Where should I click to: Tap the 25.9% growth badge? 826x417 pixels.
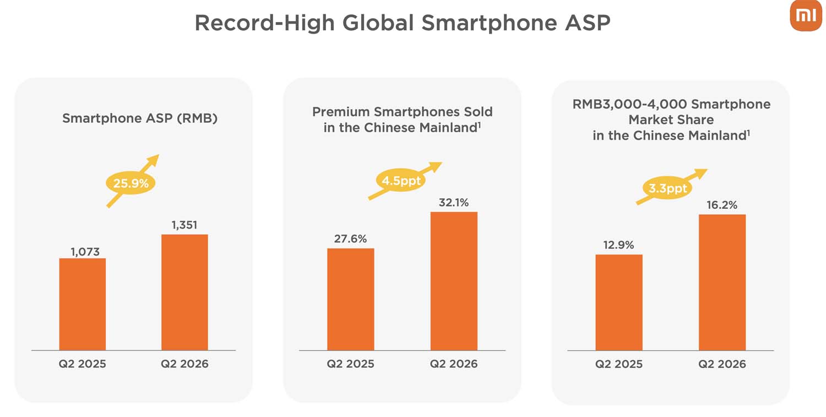click(x=130, y=183)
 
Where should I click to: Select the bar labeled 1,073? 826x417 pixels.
click(x=83, y=304)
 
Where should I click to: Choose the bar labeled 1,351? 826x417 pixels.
click(x=184, y=293)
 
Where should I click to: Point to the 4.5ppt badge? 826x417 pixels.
click(x=401, y=181)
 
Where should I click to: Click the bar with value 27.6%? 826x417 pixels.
click(x=351, y=299)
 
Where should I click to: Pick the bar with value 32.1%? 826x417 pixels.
click(x=454, y=281)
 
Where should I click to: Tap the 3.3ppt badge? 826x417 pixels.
click(x=667, y=188)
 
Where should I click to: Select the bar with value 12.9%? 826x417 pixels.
click(x=619, y=302)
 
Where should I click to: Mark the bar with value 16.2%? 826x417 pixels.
click(x=722, y=282)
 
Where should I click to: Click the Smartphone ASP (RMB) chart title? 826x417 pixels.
click(x=140, y=118)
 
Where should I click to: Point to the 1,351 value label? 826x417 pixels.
click(x=184, y=225)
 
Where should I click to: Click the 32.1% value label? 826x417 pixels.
click(x=454, y=202)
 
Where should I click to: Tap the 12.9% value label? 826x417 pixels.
click(x=618, y=245)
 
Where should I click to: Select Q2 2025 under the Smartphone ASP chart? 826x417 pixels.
click(x=82, y=364)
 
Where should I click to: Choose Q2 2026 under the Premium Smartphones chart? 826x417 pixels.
click(x=454, y=364)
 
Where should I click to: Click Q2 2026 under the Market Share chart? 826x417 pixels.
click(x=722, y=364)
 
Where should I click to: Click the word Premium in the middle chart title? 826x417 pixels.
click(x=340, y=112)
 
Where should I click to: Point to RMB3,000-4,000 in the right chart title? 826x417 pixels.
click(x=629, y=105)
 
